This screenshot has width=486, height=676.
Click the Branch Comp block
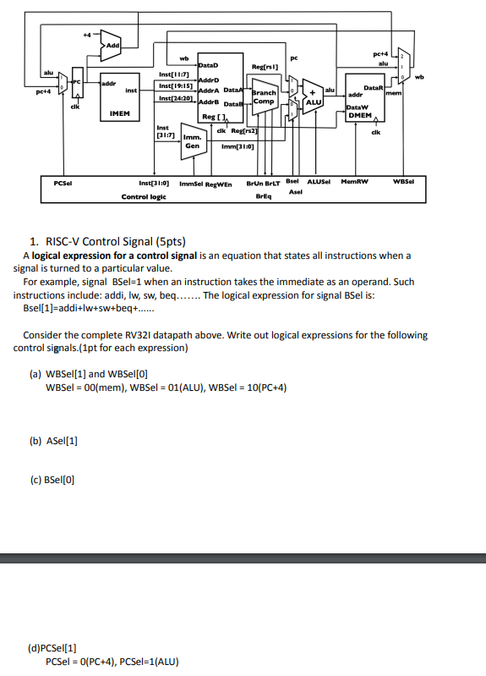click(264, 96)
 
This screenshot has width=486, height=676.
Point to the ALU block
click(313, 101)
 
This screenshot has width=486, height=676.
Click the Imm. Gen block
click(192, 140)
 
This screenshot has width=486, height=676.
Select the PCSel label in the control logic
click(62, 181)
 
